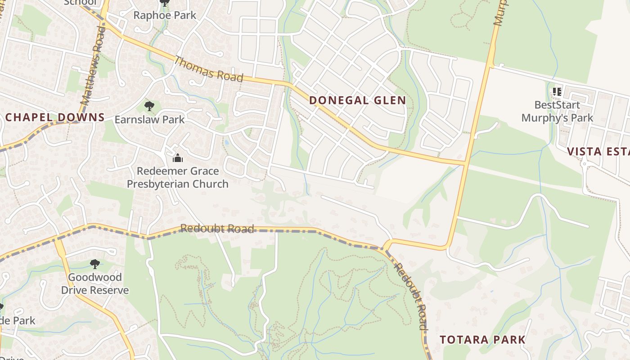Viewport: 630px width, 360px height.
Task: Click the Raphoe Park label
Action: (x=165, y=15)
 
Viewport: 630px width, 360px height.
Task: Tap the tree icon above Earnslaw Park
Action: (x=149, y=107)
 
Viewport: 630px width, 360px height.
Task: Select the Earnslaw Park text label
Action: (x=149, y=119)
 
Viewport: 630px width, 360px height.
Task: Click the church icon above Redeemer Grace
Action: (x=178, y=158)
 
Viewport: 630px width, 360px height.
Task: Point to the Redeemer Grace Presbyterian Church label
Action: (x=177, y=177)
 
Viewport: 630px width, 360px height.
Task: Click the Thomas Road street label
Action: (x=208, y=69)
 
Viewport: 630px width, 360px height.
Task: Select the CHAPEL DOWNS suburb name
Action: (x=55, y=117)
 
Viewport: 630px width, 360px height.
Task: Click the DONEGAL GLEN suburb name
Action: (x=358, y=100)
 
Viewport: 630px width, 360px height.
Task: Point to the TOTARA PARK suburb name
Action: (x=482, y=339)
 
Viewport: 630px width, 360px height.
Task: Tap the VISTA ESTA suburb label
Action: (x=598, y=151)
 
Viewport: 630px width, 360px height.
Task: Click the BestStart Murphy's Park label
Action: (x=557, y=111)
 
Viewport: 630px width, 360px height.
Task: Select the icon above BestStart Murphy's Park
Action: (x=557, y=92)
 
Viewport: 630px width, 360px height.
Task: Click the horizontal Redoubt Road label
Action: (x=217, y=229)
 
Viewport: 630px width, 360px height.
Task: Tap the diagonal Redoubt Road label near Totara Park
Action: (x=410, y=296)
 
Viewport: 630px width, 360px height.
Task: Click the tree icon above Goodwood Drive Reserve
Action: (x=94, y=264)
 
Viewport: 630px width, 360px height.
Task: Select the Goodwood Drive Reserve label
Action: (x=94, y=283)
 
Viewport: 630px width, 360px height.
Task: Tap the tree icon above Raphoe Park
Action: (x=165, y=3)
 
